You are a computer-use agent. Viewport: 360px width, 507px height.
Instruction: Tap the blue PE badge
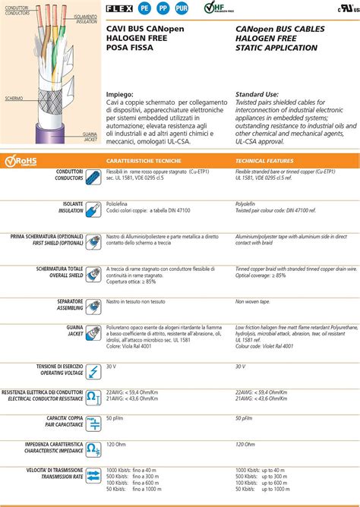(x=146, y=9)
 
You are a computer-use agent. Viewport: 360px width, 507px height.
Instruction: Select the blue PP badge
(x=163, y=9)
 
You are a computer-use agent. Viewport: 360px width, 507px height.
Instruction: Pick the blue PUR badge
(x=182, y=9)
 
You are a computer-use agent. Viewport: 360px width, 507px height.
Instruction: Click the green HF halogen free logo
(x=216, y=9)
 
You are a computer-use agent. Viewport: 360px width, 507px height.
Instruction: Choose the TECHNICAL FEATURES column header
(x=264, y=161)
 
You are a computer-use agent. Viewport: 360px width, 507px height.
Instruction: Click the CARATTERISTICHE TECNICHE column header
(x=143, y=161)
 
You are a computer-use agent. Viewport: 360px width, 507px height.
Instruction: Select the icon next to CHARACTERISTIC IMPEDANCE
(x=93, y=449)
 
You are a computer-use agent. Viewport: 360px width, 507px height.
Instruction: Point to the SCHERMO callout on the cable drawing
(x=14, y=99)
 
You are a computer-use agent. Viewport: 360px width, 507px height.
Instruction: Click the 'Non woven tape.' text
(x=253, y=301)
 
